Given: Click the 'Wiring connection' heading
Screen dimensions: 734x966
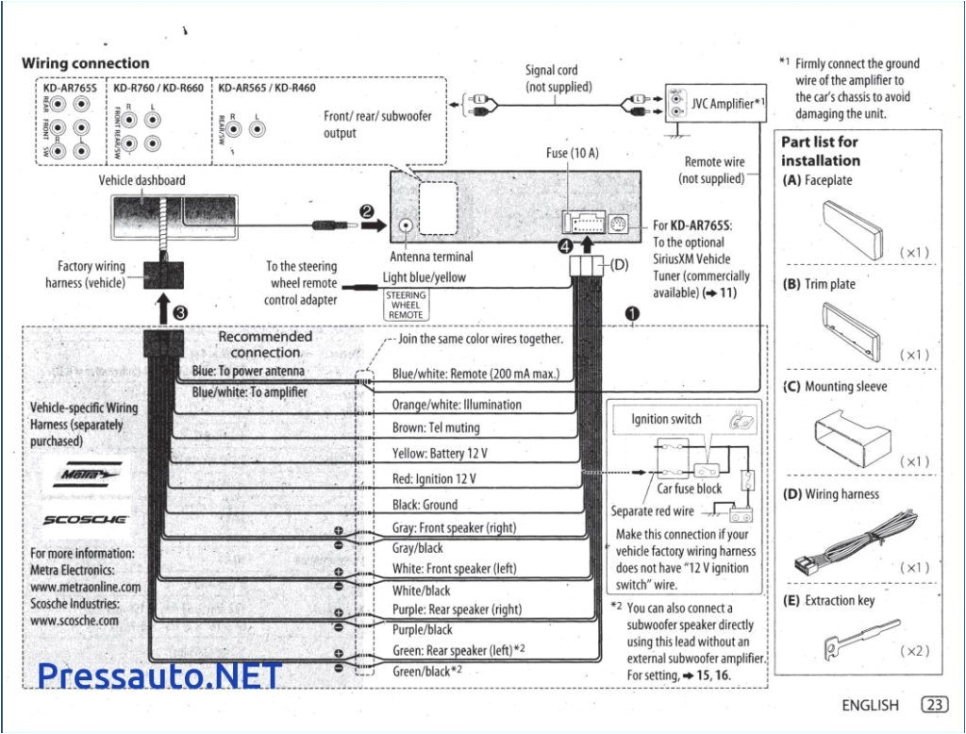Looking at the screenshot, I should tap(85, 63).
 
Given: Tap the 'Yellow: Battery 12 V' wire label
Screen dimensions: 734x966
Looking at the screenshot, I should tap(440, 454).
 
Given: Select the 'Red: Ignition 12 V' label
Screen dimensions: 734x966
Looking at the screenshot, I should tap(434, 479).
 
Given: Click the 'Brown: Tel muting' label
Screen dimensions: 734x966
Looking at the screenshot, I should tap(435, 428).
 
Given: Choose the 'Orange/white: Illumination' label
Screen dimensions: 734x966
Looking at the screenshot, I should tap(457, 405).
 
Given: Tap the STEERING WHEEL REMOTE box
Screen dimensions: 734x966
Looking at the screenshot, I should tap(406, 306).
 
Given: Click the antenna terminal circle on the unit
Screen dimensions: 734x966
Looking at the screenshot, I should tap(406, 226).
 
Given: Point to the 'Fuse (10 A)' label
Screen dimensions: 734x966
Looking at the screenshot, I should tap(573, 153).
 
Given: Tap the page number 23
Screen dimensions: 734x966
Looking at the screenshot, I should tap(933, 705).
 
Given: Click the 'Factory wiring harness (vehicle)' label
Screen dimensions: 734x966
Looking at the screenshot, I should tap(91, 275).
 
